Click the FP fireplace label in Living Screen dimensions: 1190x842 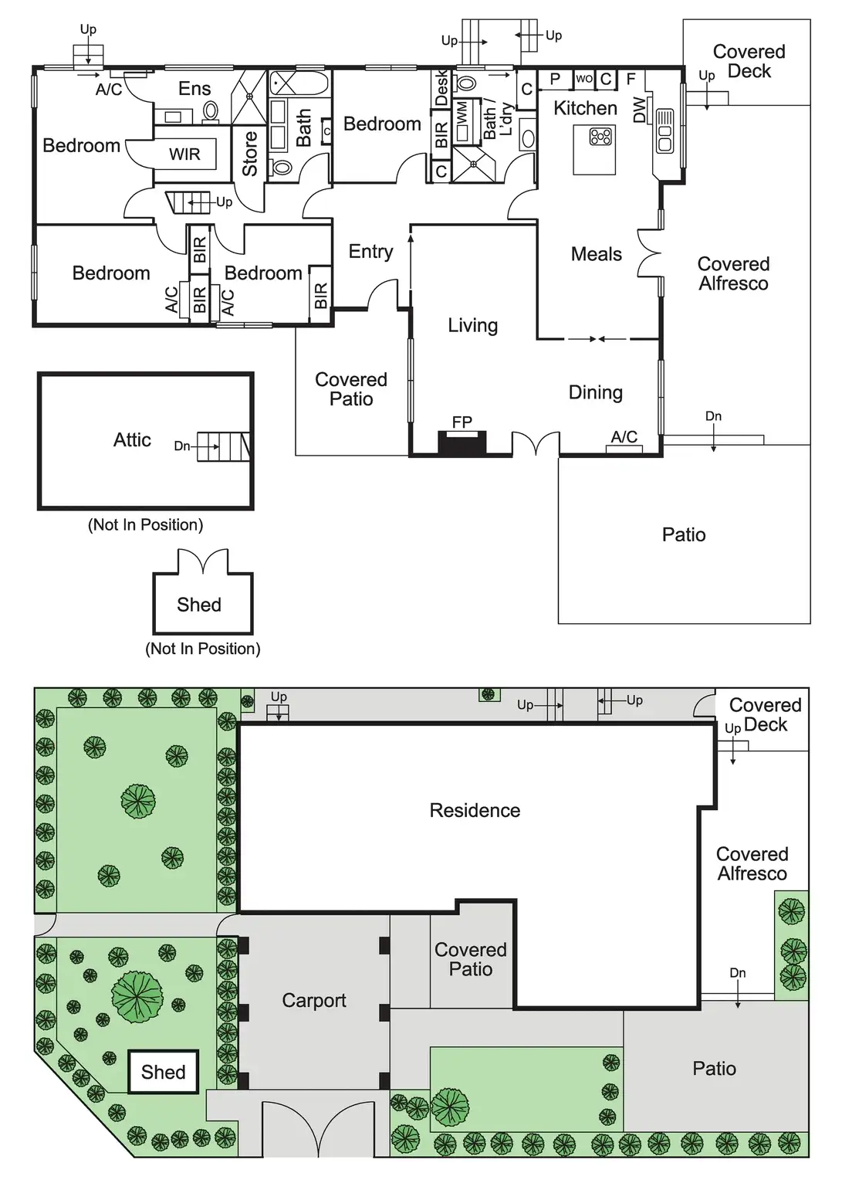tap(462, 422)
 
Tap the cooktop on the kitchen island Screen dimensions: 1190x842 tap(600, 137)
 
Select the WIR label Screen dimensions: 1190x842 tap(184, 154)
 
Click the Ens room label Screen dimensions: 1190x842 tap(194, 89)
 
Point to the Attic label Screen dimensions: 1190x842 tap(132, 440)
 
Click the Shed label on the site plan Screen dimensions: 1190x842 tap(163, 1072)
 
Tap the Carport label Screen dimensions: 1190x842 tap(313, 1001)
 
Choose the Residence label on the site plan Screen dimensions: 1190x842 tap(475, 810)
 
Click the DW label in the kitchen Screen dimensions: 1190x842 tap(640, 111)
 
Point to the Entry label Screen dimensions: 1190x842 tap(370, 252)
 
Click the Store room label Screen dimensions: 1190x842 tap(250, 154)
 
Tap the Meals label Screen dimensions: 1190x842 tap(596, 254)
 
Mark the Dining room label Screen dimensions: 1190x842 tap(595, 392)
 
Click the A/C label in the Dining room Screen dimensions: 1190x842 tap(624, 437)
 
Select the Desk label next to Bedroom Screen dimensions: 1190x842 tap(441, 87)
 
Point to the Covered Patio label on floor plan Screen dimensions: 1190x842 tap(351, 389)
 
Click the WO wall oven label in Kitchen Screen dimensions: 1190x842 tap(584, 79)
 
